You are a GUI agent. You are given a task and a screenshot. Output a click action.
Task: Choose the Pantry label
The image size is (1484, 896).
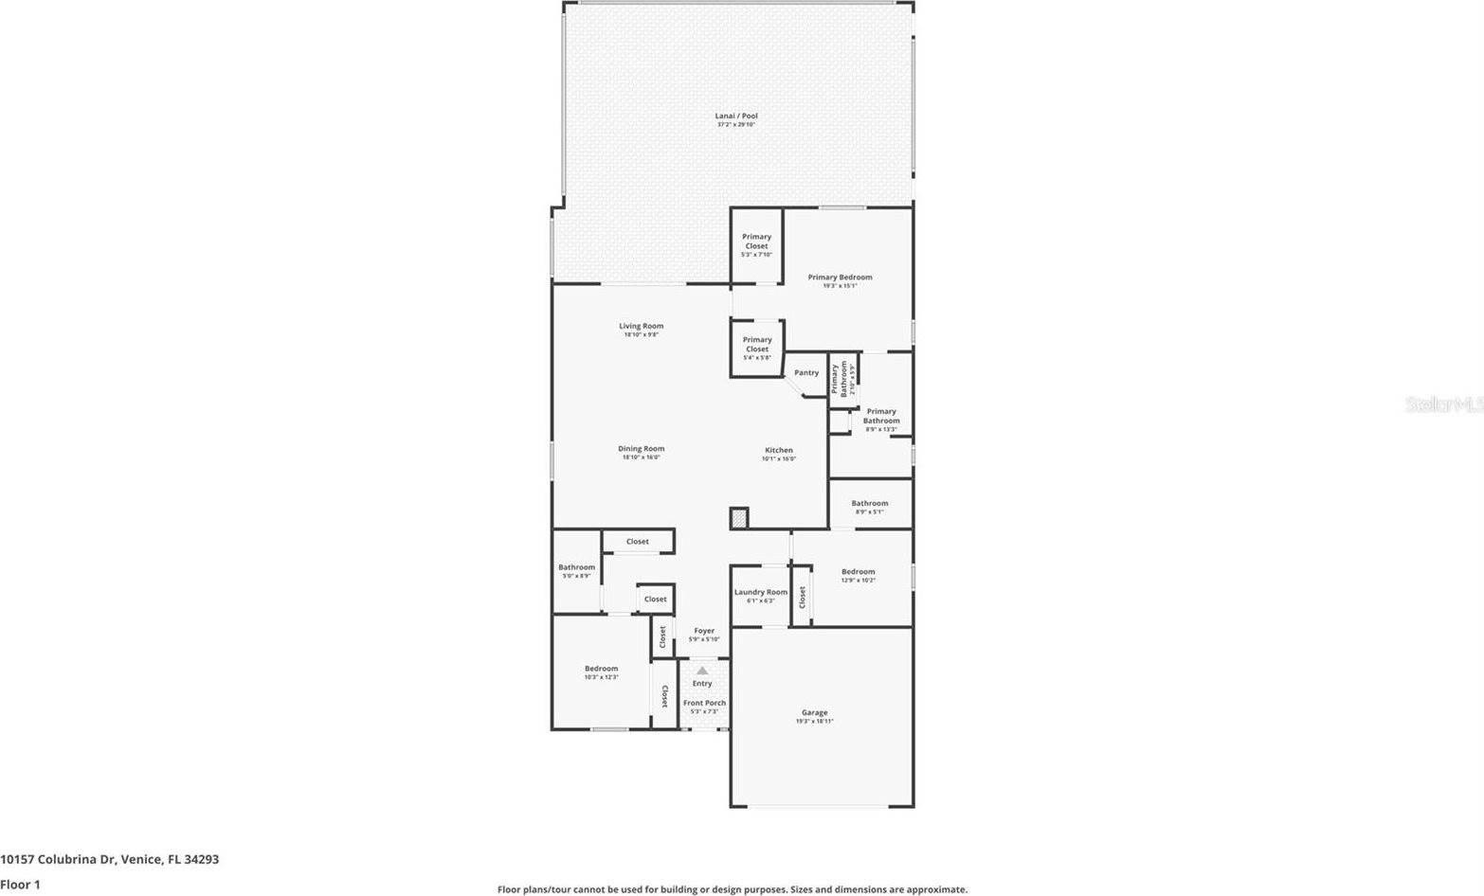806,373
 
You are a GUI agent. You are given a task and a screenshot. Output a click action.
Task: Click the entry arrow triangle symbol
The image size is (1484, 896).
702,671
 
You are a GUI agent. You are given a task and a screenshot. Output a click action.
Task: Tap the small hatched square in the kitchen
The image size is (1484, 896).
739,518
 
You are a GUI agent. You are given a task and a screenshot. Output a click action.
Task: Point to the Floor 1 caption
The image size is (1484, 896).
20,885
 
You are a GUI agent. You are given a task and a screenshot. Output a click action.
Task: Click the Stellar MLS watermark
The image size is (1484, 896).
1443,404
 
